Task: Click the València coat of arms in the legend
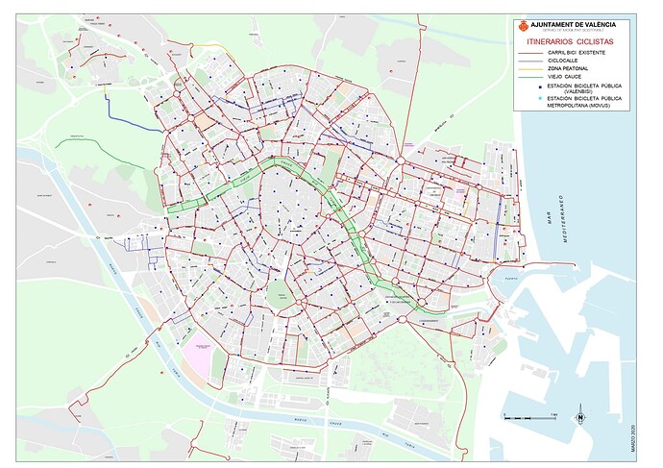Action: tap(524, 25)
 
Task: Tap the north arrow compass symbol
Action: tap(580, 418)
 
